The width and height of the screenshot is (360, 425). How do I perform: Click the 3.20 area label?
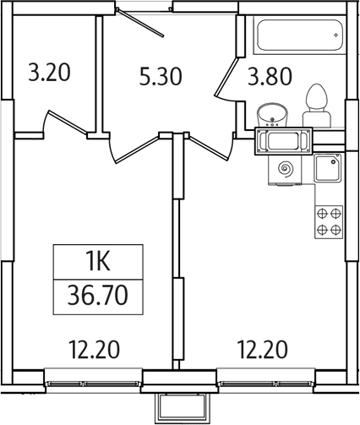(x=49, y=73)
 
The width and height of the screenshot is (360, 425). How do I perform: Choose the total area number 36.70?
(x=98, y=296)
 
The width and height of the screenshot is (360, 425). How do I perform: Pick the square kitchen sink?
(x=328, y=169)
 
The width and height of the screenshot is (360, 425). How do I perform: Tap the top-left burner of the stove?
(x=322, y=214)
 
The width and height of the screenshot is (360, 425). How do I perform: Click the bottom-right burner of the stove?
(x=336, y=228)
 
